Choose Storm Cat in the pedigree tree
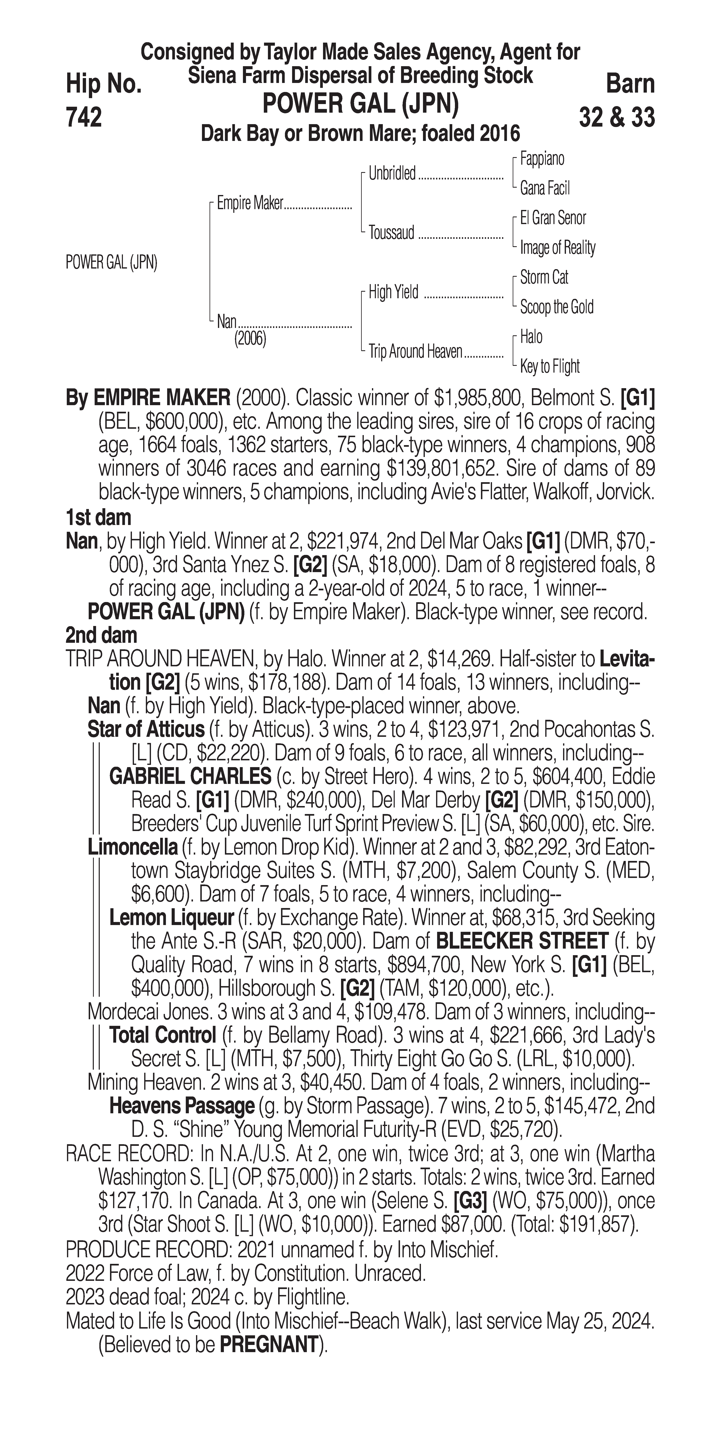pos(544,277)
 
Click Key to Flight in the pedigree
pos(549,367)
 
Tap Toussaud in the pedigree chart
pos(391,232)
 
